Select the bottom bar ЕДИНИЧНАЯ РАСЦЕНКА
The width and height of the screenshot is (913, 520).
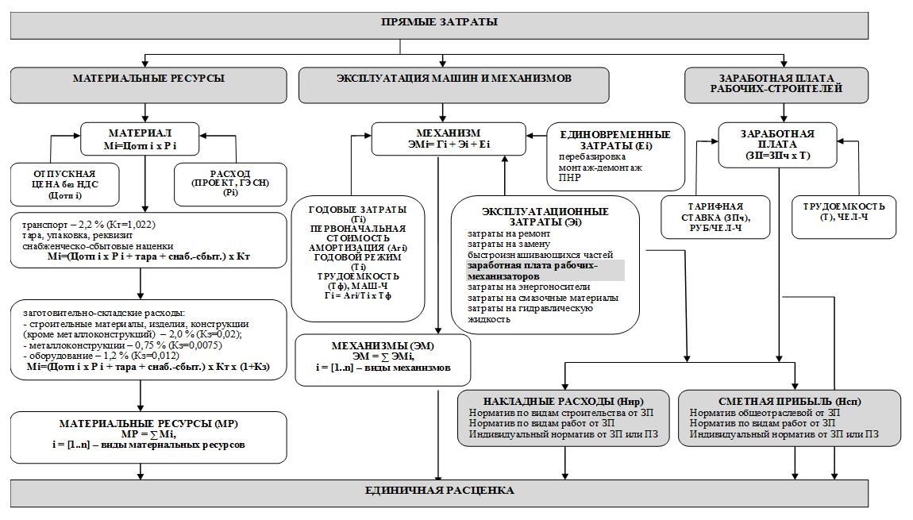tap(439, 493)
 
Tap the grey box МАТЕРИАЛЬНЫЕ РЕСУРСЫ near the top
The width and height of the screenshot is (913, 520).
tap(148, 85)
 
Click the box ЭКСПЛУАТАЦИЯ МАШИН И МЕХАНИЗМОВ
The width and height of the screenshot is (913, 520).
tap(454, 85)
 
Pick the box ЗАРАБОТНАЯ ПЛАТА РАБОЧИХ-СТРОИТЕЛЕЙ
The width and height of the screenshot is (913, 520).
tap(776, 85)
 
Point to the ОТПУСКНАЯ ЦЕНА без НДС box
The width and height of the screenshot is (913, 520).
tap(64, 185)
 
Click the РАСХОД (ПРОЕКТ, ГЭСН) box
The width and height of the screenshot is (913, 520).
tap(230, 185)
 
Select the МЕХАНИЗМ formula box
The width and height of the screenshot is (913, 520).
tap(449, 139)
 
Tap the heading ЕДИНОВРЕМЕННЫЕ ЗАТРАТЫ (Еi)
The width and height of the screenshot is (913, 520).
tap(615, 140)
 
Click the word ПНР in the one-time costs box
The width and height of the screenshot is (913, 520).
tap(569, 178)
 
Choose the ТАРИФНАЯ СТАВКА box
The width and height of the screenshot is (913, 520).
tap(715, 218)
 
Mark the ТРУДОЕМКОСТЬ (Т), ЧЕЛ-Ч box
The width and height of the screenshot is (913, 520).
tap(844, 218)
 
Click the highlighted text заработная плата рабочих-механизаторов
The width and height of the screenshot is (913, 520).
tap(532, 271)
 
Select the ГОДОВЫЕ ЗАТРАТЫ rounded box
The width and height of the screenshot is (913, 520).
tap(358, 259)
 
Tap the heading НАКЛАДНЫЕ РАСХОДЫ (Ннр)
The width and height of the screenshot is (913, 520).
tap(563, 401)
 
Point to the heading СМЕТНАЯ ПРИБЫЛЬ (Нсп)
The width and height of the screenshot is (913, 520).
tap(790, 401)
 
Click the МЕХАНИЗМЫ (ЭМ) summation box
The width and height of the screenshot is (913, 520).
tap(383, 360)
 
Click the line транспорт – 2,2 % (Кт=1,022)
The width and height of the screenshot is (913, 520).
tap(89, 225)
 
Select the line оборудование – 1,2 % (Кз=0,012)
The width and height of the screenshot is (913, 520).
tap(102, 356)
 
